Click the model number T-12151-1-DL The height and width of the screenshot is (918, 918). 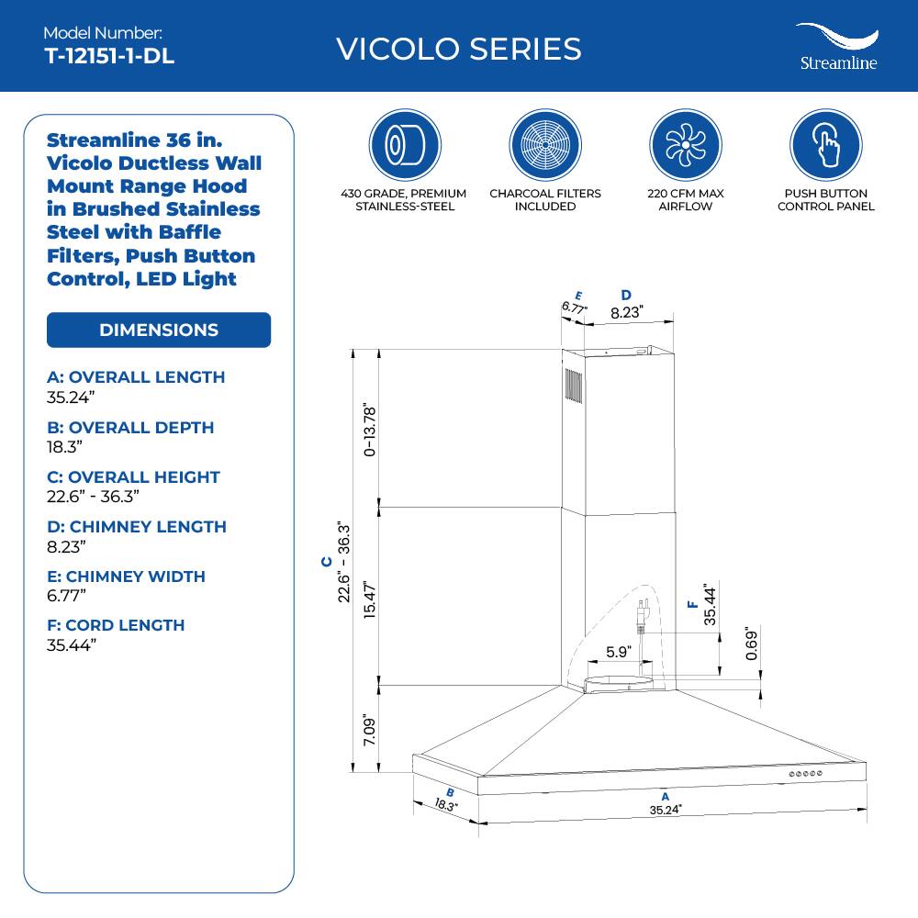[x=109, y=56]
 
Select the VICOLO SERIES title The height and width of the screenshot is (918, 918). [x=459, y=49]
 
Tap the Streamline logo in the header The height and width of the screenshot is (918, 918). [x=835, y=48]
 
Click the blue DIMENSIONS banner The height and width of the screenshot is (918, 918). [x=159, y=330]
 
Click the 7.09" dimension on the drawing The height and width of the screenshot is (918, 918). [x=369, y=730]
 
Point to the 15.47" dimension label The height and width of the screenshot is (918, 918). [x=369, y=600]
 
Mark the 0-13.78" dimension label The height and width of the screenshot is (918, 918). [x=369, y=428]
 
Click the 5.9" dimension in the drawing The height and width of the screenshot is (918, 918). [x=620, y=653]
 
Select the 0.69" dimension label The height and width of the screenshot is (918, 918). [x=751, y=645]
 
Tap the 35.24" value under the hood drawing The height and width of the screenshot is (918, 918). [x=666, y=811]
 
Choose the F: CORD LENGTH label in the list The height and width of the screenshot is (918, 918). [x=116, y=625]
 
